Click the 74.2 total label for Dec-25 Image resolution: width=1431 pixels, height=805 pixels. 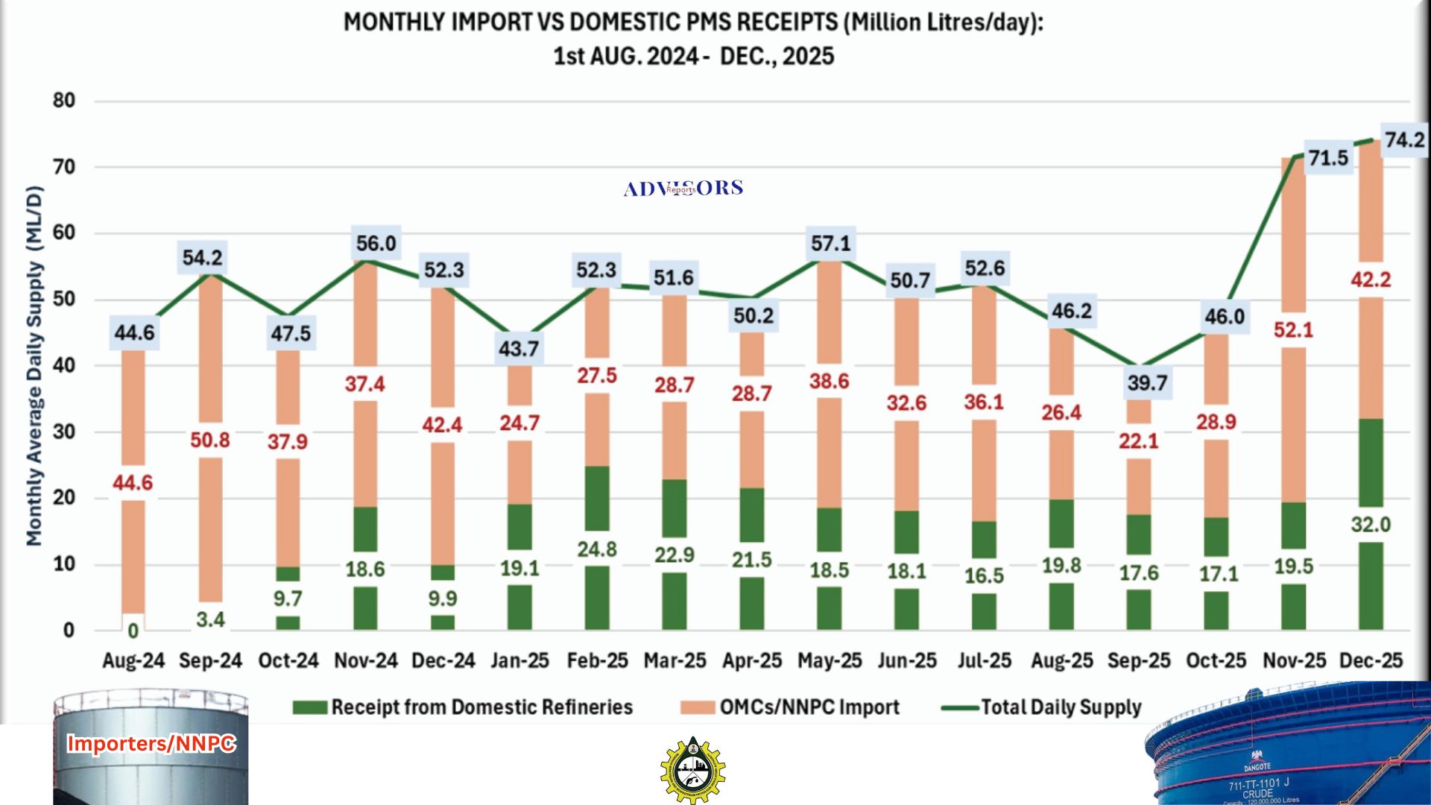(x=1404, y=140)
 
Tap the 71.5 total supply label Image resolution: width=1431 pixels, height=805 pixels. (x=1328, y=158)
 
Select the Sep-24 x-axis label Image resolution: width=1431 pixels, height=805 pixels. (x=210, y=660)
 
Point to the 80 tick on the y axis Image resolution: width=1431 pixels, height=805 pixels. (x=64, y=101)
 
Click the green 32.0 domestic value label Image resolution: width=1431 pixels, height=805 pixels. (x=1371, y=525)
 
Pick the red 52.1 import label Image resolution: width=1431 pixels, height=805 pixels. (x=1293, y=329)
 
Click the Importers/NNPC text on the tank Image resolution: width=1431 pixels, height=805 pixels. (x=151, y=743)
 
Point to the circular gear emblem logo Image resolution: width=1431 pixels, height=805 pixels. (x=693, y=771)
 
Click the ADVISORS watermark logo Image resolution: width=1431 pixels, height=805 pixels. (x=683, y=189)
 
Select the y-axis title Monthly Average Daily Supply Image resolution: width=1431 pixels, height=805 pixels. (x=34, y=365)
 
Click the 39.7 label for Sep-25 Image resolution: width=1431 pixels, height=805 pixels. (x=1147, y=383)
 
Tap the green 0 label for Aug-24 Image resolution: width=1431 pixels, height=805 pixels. (x=133, y=631)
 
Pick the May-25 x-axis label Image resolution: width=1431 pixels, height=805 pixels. (x=830, y=660)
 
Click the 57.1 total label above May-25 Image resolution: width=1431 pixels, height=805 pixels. (x=830, y=244)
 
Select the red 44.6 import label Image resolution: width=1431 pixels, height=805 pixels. (x=133, y=483)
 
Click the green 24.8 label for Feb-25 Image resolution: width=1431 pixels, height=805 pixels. (x=597, y=549)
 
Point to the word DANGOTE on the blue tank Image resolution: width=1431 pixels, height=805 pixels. (x=1257, y=766)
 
